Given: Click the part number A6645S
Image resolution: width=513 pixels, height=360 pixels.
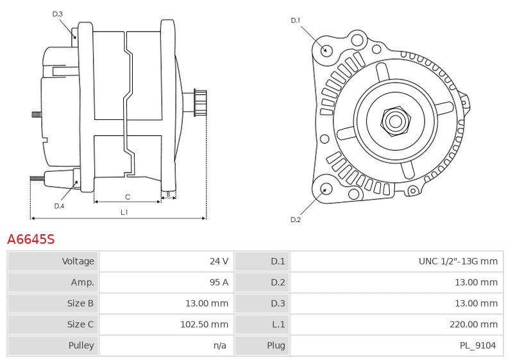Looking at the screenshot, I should tap(31, 240).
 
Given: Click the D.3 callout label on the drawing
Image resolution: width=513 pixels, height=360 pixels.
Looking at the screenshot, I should tap(58, 13).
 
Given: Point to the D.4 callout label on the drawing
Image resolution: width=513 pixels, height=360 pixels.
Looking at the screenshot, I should tap(59, 206).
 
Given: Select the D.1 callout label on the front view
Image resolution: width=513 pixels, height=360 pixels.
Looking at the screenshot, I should tap(296, 21).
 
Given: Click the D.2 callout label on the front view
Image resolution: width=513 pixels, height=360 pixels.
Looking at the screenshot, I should tap(296, 219).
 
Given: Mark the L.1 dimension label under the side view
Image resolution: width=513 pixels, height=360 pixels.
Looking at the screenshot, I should tap(124, 212).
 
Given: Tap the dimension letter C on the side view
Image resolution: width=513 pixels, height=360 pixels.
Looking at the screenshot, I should tap(128, 196).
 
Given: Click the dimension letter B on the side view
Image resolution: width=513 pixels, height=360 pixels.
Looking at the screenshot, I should tap(168, 193).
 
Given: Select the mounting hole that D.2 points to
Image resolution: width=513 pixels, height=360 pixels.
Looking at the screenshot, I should tap(325, 189).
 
